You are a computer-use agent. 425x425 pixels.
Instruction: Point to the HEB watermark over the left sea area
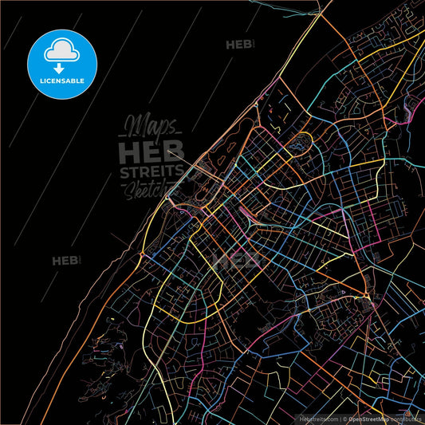click(x=65, y=260)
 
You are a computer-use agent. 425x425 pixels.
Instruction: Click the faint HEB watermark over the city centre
click(x=239, y=261)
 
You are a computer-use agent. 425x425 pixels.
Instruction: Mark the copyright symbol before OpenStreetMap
click(x=344, y=418)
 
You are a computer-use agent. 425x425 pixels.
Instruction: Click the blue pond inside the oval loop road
click(x=301, y=144)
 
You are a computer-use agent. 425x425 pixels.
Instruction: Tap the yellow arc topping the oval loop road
click(x=301, y=134)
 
